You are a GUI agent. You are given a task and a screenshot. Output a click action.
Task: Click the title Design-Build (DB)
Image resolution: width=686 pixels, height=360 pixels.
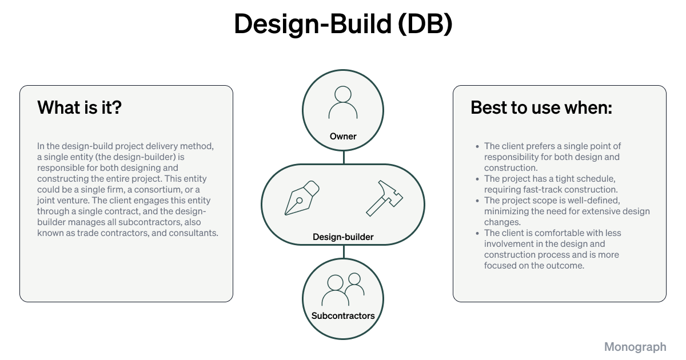[343, 25]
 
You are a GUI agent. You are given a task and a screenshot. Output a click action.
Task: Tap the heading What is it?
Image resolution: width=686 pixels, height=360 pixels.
[79, 107]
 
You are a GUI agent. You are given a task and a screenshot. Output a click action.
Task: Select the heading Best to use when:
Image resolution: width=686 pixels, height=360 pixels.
[541, 107]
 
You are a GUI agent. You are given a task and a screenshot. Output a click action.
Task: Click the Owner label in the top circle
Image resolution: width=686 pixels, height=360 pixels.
[343, 137]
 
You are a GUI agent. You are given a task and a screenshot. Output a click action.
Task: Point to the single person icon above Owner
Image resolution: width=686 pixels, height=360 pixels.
[343, 103]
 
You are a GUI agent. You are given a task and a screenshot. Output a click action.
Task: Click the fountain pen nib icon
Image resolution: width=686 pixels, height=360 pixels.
[301, 198]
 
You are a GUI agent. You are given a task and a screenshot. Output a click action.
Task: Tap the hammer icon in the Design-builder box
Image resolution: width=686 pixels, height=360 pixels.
[384, 198]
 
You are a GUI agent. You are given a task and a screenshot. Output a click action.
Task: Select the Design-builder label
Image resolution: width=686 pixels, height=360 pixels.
[343, 237]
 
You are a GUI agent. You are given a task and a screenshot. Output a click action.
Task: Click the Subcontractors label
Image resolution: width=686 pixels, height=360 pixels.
[343, 315]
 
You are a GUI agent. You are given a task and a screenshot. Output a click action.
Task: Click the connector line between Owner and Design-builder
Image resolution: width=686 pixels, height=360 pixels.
[344, 158]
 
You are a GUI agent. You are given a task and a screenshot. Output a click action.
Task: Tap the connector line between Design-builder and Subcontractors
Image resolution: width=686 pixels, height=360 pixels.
[344, 251]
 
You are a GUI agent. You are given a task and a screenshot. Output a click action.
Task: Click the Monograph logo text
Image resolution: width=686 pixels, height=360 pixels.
[635, 347]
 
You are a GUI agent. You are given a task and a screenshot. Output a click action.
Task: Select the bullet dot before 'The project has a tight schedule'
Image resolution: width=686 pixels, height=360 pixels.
[477, 179]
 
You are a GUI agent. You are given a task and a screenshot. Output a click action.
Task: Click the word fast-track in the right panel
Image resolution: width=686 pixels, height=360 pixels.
[535, 190]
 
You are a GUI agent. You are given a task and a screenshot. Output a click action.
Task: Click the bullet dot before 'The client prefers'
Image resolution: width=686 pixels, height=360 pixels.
[477, 146]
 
